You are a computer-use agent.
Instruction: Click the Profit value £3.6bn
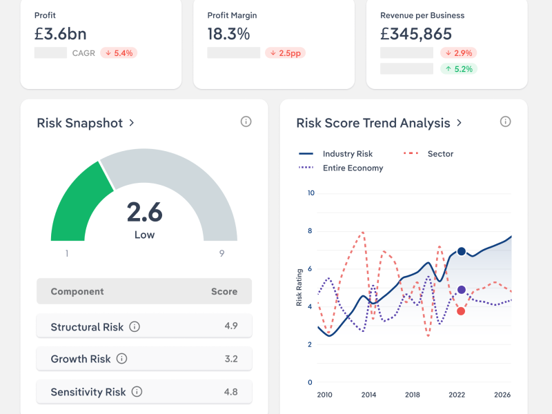tap(61, 33)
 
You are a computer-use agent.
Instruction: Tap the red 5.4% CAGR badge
tap(119, 52)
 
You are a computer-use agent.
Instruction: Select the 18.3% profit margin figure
tap(228, 33)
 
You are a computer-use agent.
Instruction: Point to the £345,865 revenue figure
tap(416, 33)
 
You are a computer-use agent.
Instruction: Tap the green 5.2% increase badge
tap(459, 68)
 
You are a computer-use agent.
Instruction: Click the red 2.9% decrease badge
tap(459, 52)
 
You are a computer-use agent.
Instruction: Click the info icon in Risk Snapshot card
tap(246, 121)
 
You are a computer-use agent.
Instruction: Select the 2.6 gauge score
tap(144, 212)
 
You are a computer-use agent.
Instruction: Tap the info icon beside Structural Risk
tap(135, 326)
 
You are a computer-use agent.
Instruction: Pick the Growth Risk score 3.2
tap(230, 359)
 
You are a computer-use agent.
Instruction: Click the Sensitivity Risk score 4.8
tap(230, 392)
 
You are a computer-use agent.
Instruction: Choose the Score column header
tap(224, 292)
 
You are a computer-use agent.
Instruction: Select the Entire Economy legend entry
tap(341, 168)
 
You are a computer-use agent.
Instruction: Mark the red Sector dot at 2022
tap(461, 311)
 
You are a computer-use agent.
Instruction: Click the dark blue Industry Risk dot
tap(461, 252)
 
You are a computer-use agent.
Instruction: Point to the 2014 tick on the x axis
tap(368, 395)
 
